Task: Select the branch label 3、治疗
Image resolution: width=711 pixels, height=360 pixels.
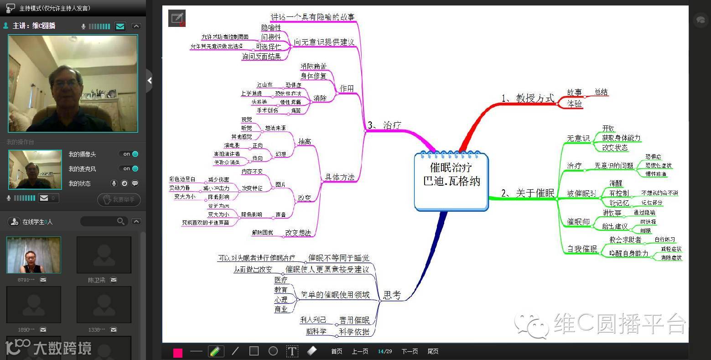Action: coord(384,125)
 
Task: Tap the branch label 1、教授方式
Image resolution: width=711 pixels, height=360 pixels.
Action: coord(528,98)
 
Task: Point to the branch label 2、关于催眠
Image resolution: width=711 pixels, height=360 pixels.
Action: coord(528,193)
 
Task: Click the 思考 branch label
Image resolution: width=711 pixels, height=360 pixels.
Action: coord(392,295)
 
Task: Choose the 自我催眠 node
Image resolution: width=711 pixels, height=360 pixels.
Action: coord(581,249)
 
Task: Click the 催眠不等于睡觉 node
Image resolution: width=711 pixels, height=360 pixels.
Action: coord(339,258)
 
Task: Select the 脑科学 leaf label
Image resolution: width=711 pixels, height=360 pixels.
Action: coord(316,331)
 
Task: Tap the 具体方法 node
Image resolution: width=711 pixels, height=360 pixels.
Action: coord(339,177)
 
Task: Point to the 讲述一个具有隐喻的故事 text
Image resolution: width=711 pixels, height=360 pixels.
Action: coord(312,17)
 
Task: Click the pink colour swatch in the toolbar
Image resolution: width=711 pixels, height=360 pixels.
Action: coord(178,352)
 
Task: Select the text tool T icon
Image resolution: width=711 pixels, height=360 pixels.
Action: coord(292,351)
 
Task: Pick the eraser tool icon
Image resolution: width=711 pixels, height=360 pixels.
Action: coord(312,351)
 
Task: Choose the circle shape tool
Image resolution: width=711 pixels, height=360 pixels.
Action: coord(273,351)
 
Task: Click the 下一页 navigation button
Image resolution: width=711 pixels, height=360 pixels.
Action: coord(410,351)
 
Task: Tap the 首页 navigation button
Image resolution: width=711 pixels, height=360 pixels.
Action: coord(337,351)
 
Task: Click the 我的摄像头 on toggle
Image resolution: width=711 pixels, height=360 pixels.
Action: coord(130,154)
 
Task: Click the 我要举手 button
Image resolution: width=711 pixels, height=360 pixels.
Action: coord(119,199)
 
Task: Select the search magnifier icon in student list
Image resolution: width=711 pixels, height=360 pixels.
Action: coord(121,221)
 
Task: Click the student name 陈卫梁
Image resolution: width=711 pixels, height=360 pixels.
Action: coord(97,280)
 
